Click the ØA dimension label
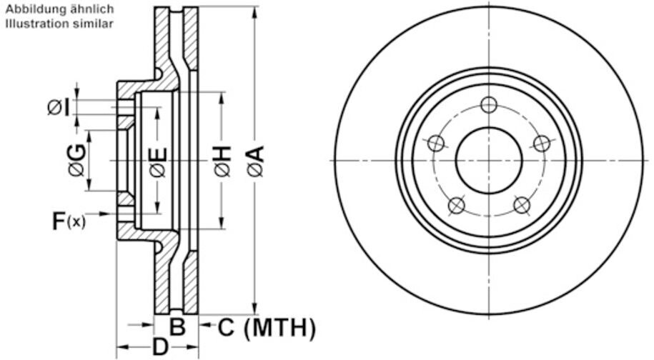[x=256, y=161]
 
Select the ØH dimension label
[x=223, y=161]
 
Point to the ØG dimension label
[x=78, y=161]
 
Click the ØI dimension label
[x=59, y=107]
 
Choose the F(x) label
[x=69, y=221]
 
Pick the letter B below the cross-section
[x=177, y=326]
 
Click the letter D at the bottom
[x=160, y=346]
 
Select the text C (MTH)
[x=267, y=327]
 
